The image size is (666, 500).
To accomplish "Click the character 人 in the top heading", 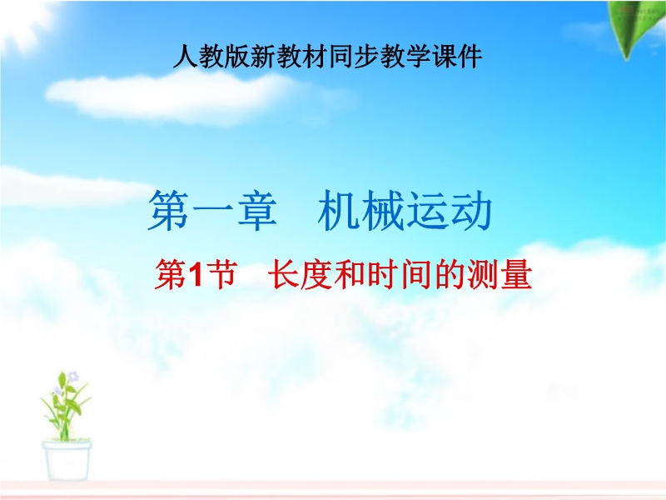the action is [x=186, y=57].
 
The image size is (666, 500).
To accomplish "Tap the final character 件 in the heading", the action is [x=470, y=57].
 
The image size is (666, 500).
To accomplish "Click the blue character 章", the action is [x=257, y=211].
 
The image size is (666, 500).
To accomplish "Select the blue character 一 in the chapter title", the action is [x=213, y=212].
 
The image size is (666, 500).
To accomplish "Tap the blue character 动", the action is [x=471, y=211].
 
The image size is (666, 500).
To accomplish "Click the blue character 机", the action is [x=339, y=211].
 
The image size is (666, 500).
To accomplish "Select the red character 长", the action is [x=284, y=274].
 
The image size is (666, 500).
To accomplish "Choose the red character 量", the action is [x=516, y=274].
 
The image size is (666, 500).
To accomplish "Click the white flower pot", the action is [x=67, y=461].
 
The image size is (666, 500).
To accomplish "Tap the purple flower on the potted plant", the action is [x=73, y=377].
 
